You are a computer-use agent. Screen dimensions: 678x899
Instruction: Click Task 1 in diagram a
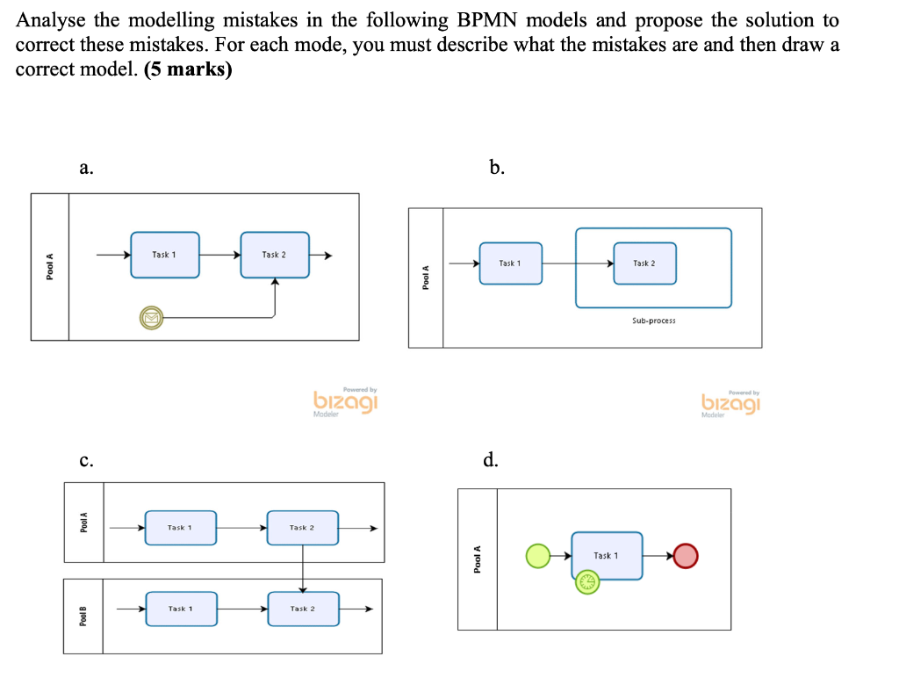(165, 255)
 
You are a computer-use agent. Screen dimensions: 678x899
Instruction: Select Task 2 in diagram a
(275, 255)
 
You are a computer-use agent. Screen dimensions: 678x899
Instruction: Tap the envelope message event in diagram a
(151, 317)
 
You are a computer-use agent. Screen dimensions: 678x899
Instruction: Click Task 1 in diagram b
(510, 263)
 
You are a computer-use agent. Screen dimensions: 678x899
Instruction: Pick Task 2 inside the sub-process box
(644, 263)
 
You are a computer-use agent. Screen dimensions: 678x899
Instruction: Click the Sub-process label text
(653, 321)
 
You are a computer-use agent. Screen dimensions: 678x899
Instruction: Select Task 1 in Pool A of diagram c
(180, 528)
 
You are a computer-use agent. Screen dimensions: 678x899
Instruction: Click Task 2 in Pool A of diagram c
(303, 528)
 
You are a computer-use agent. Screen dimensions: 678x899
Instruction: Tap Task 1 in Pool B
(181, 609)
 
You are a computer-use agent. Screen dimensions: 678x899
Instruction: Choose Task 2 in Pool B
(303, 609)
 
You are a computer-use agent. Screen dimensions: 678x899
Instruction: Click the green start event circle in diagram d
(537, 555)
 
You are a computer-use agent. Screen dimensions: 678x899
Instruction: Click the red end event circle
(687, 555)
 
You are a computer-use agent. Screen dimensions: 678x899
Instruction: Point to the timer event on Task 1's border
(587, 581)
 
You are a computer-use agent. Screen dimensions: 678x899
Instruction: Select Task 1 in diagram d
(607, 555)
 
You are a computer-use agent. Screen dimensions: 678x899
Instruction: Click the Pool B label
(83, 616)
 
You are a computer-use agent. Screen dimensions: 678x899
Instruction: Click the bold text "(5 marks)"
(188, 69)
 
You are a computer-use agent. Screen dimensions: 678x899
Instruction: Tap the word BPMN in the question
(486, 20)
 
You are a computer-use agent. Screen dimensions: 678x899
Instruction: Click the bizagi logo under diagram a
(345, 401)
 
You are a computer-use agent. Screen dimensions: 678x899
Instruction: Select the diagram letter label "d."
(490, 459)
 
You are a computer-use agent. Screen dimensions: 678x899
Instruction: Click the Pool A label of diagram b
(426, 278)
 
